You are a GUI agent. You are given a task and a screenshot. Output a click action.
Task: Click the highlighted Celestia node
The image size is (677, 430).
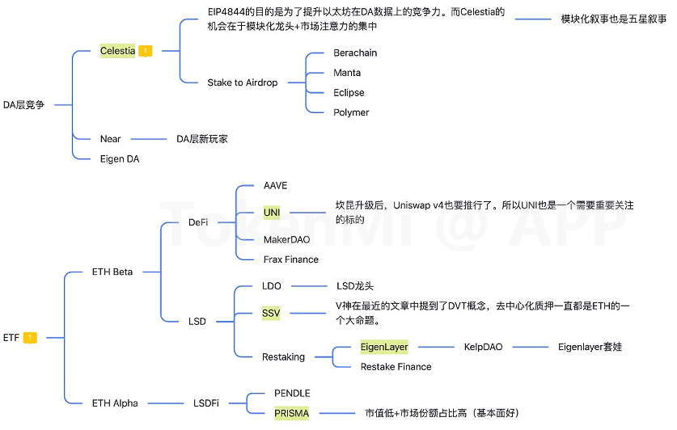point(118,51)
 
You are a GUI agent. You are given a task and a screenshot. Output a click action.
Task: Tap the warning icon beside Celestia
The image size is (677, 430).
point(146,51)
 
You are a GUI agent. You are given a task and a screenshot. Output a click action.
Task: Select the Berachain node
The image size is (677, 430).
point(355,53)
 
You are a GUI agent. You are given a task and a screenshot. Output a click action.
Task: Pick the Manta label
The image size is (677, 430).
point(347,73)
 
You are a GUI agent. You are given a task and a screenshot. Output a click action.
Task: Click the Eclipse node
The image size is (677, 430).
point(349,93)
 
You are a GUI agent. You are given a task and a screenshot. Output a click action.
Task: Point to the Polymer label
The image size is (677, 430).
point(351,112)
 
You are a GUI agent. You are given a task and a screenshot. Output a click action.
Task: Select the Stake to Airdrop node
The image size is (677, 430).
point(243,82)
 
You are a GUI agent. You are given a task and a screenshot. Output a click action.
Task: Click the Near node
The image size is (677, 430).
point(110,139)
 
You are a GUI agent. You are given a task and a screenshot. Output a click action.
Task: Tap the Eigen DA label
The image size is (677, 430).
point(119,159)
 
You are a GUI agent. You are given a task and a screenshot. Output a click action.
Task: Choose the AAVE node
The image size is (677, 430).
point(275,186)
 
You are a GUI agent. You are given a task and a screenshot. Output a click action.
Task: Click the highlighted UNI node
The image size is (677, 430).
point(272,212)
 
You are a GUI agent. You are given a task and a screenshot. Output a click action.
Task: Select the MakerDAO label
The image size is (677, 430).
point(286,240)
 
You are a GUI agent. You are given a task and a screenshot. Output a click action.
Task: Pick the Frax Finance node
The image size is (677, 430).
point(290,259)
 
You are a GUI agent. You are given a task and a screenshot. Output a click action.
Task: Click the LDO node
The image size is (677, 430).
point(272,286)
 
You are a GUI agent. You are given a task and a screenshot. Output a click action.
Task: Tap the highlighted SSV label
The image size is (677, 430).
point(271,313)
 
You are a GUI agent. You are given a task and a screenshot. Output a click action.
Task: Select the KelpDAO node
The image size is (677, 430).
point(483,347)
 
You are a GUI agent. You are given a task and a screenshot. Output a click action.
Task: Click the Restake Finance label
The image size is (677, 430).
point(396,367)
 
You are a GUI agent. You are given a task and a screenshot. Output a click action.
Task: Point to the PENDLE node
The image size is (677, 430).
point(292,394)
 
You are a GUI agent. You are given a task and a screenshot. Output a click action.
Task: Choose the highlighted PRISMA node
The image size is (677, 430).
point(291,413)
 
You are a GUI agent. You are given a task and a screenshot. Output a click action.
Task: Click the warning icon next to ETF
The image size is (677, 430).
point(31,338)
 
